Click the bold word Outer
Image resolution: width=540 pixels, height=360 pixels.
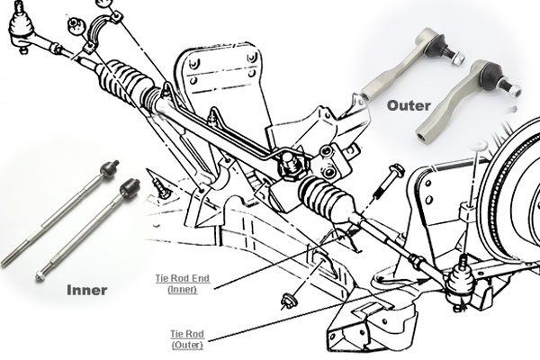click(410, 104)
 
